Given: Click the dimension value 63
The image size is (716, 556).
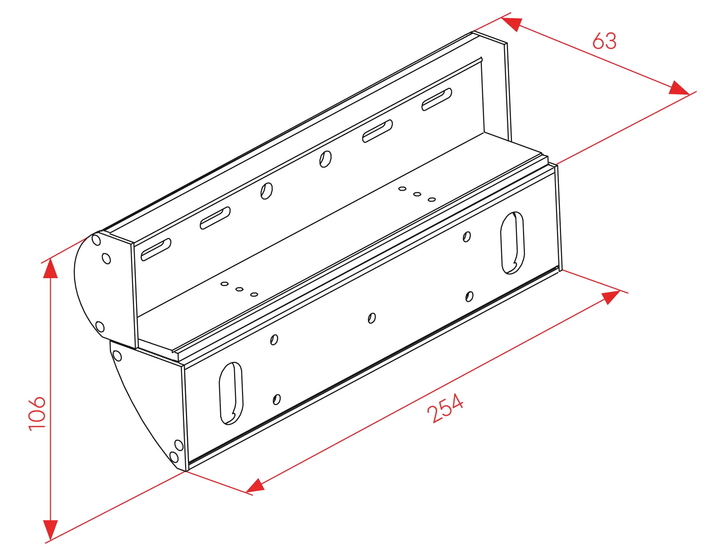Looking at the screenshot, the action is click(x=604, y=41).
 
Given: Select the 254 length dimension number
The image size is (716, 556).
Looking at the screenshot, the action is click(x=445, y=408).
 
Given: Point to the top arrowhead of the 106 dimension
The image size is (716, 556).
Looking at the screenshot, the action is click(x=50, y=268).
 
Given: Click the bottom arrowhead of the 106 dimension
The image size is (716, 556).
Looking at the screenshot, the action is click(x=50, y=530).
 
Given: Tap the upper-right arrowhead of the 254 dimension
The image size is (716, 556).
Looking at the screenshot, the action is click(x=611, y=298).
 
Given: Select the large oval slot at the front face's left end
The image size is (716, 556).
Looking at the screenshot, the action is click(x=231, y=393).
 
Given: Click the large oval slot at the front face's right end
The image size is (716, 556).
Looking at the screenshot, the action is click(x=512, y=243).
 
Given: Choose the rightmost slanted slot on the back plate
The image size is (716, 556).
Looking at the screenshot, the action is click(x=437, y=99).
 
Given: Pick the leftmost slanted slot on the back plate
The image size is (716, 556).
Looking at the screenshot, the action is click(x=156, y=250).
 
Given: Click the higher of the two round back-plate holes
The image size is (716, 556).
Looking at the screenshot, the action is click(x=325, y=159).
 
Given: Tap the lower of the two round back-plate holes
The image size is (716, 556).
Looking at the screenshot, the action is click(x=267, y=191).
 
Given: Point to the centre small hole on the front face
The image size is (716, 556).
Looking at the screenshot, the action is click(x=372, y=318).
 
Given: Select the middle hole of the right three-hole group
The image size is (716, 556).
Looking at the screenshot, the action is click(x=417, y=194).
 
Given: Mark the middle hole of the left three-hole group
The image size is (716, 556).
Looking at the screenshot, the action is click(x=240, y=289).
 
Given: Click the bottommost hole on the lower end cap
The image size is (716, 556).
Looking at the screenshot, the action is click(x=174, y=457).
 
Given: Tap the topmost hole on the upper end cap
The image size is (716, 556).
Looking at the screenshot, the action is click(x=96, y=239).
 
